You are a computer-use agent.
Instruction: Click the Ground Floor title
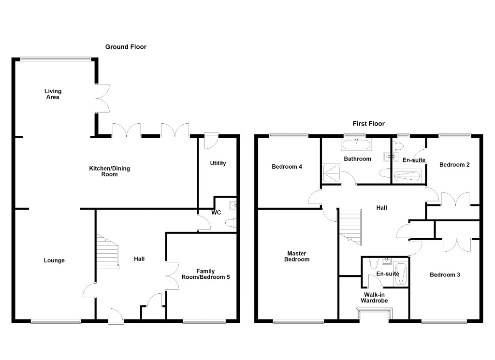point(126,47)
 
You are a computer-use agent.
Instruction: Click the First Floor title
point(368,124)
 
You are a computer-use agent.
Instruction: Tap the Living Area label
point(53,94)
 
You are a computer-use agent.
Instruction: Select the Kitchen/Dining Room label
point(109,171)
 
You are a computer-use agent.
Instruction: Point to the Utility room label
point(218,163)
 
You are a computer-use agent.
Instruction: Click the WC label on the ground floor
point(216,213)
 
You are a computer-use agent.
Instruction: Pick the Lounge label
point(54,260)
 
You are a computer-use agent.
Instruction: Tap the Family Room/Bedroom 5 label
point(205,274)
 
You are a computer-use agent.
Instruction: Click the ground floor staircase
point(108,251)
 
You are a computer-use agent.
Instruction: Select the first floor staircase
point(350,227)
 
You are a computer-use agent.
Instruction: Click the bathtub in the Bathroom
point(356,144)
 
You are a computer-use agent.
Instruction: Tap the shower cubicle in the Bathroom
point(332,173)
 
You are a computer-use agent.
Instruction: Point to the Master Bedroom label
point(297,256)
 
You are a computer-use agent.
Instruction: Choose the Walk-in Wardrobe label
point(374,298)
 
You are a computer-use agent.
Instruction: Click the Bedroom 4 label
point(287,167)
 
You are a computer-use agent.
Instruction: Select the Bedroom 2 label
point(454,165)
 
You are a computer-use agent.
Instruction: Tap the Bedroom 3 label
point(445,275)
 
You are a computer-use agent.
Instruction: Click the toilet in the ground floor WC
point(231,223)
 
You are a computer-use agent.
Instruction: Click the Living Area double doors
point(102,98)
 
